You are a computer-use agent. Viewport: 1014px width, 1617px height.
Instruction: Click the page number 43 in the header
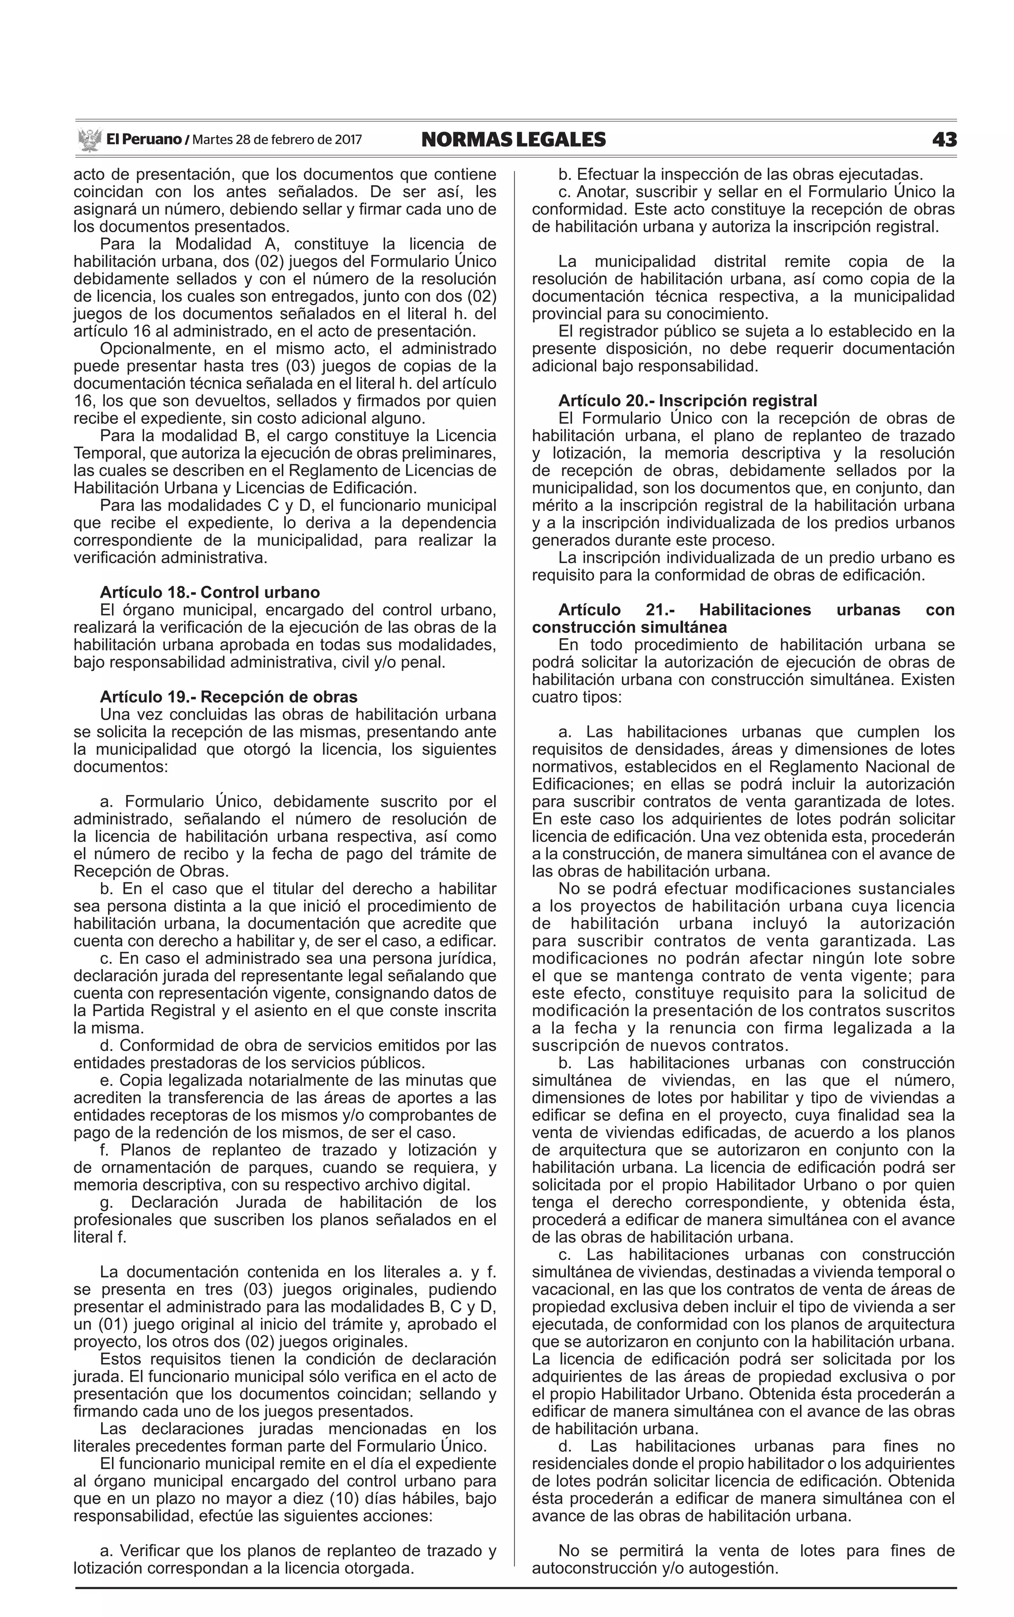point(944,140)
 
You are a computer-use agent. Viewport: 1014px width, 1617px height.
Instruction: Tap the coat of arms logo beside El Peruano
point(89,140)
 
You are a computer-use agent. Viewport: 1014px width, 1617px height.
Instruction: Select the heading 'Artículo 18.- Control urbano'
point(210,592)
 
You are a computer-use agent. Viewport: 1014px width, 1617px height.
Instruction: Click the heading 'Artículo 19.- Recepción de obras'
point(229,697)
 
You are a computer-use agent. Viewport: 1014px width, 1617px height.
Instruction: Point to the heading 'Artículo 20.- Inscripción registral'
point(687,401)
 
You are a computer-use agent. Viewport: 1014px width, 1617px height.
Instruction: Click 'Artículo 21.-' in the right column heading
point(616,610)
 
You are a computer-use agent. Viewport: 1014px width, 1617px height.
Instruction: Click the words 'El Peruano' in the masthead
point(144,140)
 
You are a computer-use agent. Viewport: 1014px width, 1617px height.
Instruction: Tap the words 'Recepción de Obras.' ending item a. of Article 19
point(151,871)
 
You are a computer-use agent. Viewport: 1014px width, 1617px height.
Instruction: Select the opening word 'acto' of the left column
point(89,174)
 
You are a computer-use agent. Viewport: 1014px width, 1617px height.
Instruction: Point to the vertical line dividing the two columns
point(514,872)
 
